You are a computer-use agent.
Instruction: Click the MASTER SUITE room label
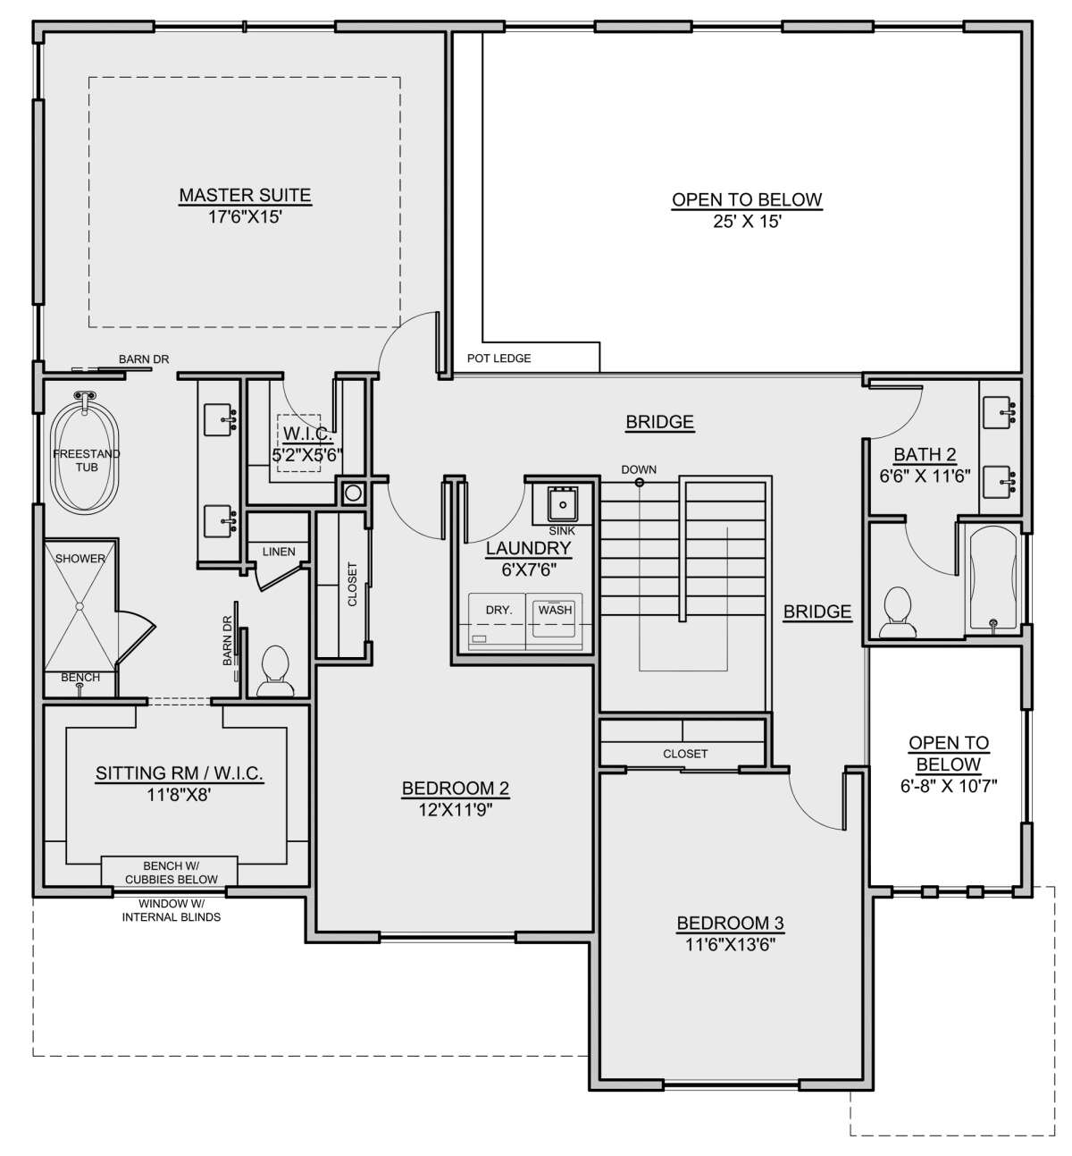pyautogui.click(x=245, y=195)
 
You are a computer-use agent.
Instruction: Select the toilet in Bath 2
pyautogui.click(x=896, y=612)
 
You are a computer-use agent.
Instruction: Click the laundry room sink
pyautogui.click(x=563, y=504)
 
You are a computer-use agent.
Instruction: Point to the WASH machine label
pyautogui.click(x=555, y=610)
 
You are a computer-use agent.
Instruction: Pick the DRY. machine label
pyautogui.click(x=499, y=610)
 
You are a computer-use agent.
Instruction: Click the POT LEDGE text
pyautogui.click(x=499, y=359)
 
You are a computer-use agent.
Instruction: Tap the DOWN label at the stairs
pyautogui.click(x=639, y=469)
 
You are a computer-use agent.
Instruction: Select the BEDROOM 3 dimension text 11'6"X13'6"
pyautogui.click(x=731, y=944)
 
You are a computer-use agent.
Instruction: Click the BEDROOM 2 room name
pyautogui.click(x=456, y=789)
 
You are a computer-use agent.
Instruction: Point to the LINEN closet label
pyautogui.click(x=279, y=552)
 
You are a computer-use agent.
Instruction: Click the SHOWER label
pyautogui.click(x=80, y=559)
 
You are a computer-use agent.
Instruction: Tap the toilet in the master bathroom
pyautogui.click(x=275, y=671)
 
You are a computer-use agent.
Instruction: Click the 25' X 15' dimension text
pyautogui.click(x=747, y=221)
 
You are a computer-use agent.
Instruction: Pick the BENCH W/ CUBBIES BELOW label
pyautogui.click(x=171, y=873)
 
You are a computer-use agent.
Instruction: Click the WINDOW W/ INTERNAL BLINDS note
pyautogui.click(x=171, y=910)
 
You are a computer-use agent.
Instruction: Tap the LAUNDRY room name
pyautogui.click(x=528, y=548)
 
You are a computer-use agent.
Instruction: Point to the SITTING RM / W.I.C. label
pyautogui.click(x=180, y=773)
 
